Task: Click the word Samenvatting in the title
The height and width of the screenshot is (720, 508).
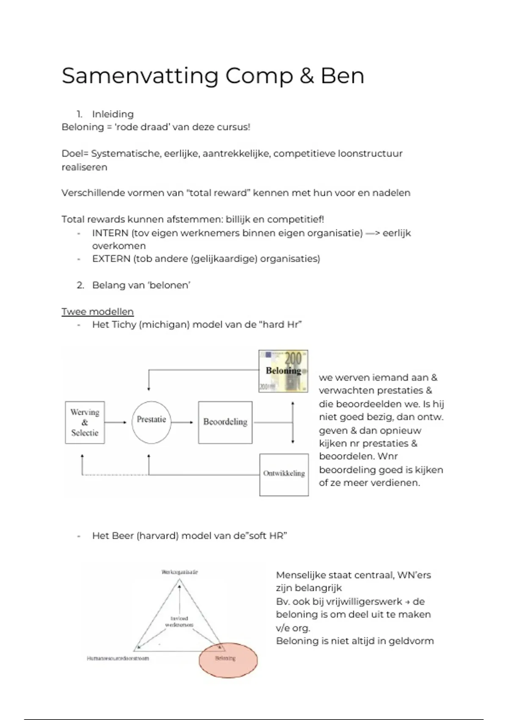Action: (140, 76)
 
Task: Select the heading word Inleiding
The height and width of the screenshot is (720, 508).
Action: (113, 114)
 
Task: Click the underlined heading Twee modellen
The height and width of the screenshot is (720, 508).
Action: (97, 312)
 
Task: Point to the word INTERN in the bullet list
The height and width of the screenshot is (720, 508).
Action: (110, 233)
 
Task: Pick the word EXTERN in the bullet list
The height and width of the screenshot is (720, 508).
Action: (111, 259)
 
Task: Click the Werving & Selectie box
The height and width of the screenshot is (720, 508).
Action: (85, 422)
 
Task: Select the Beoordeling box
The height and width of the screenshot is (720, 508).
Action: (225, 422)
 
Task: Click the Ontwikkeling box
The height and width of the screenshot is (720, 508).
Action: (284, 474)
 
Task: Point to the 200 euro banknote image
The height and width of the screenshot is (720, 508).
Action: (283, 371)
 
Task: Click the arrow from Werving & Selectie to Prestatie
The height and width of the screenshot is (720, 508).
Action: (115, 422)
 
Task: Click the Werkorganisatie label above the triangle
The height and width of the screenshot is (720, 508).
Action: (179, 572)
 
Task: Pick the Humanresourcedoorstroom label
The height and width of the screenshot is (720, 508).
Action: (118, 659)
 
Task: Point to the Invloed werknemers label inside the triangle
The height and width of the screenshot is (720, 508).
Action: (179, 622)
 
